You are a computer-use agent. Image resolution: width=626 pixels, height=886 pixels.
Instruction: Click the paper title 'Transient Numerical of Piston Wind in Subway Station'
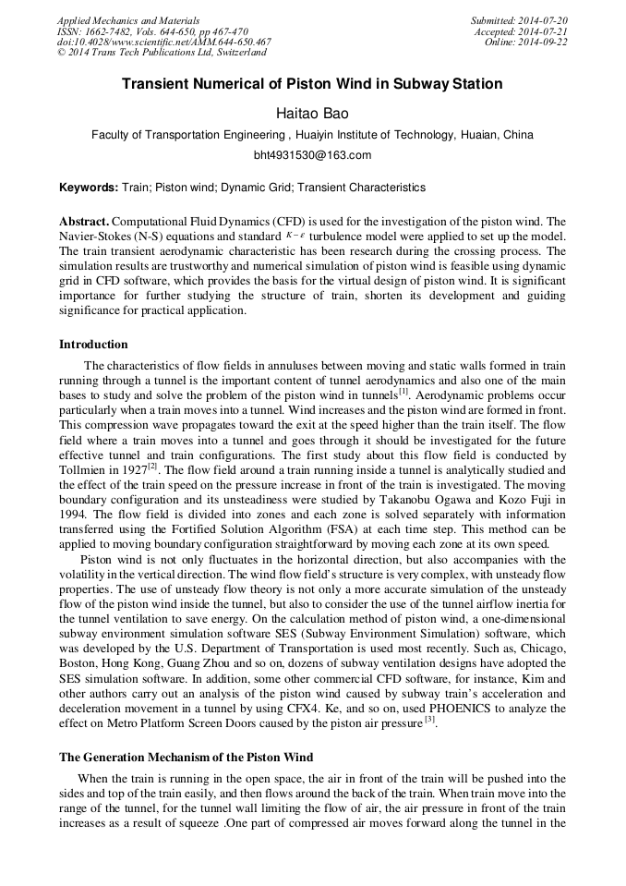click(x=312, y=84)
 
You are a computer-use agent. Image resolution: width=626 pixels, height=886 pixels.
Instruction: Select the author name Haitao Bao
click(x=312, y=112)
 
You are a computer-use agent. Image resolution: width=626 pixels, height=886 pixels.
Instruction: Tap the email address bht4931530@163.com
click(x=312, y=154)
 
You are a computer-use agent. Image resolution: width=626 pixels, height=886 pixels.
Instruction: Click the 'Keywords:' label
click(x=89, y=188)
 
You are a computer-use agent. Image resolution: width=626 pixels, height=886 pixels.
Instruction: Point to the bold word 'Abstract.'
click(x=84, y=222)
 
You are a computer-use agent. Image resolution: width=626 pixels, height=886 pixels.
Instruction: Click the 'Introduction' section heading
click(x=93, y=345)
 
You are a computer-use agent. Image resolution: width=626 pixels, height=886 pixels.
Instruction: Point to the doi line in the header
click(x=163, y=42)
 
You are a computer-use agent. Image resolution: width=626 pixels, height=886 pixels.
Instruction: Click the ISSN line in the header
click(x=152, y=31)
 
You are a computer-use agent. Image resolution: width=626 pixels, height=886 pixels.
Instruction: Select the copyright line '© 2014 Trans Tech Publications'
click(x=162, y=53)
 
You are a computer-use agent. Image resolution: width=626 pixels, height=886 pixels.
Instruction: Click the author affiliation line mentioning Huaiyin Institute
click(x=312, y=135)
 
